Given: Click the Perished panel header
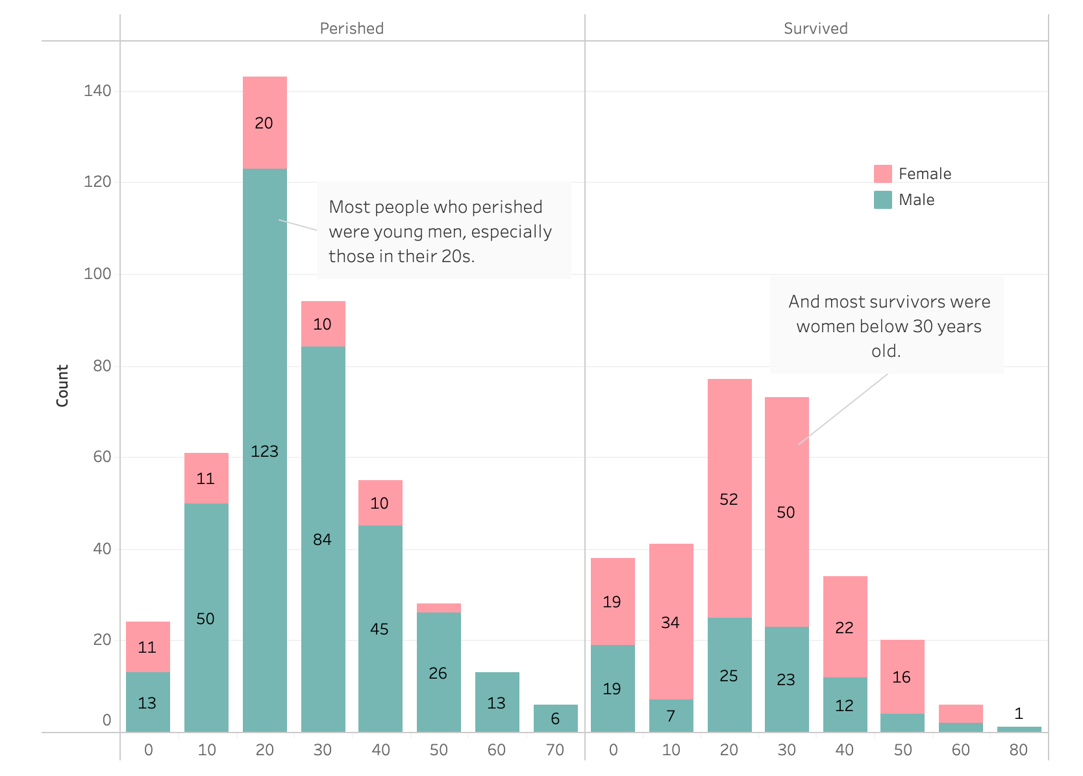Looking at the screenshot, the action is pyautogui.click(x=351, y=28).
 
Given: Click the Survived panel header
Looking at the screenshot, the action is pyautogui.click(x=815, y=28).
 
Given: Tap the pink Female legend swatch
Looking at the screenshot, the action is pyautogui.click(x=882, y=173).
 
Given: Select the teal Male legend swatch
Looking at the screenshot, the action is pyautogui.click(x=882, y=200).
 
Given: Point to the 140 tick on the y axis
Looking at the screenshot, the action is pyautogui.click(x=97, y=90).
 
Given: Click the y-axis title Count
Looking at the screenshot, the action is pyautogui.click(x=62, y=385).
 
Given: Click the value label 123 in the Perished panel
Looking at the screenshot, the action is pyautogui.click(x=264, y=451).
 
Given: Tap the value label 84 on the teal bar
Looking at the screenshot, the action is pyautogui.click(x=322, y=539).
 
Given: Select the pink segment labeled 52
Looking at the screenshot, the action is pyautogui.click(x=729, y=498).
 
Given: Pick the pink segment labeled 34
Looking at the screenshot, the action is pyautogui.click(x=671, y=622).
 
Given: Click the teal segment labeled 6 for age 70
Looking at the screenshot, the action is pyautogui.click(x=555, y=718).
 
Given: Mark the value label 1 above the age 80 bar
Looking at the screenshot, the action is pyautogui.click(x=1018, y=713).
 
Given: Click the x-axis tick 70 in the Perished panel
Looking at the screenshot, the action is pyautogui.click(x=554, y=749).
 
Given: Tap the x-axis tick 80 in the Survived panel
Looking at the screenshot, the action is pyautogui.click(x=1018, y=749).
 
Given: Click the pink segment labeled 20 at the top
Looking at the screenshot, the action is pyautogui.click(x=264, y=123).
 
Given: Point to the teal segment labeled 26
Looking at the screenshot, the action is pyautogui.click(x=438, y=672).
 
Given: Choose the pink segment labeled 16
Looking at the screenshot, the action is pyautogui.click(x=902, y=677).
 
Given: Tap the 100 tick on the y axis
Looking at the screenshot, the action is pyautogui.click(x=97, y=274).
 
